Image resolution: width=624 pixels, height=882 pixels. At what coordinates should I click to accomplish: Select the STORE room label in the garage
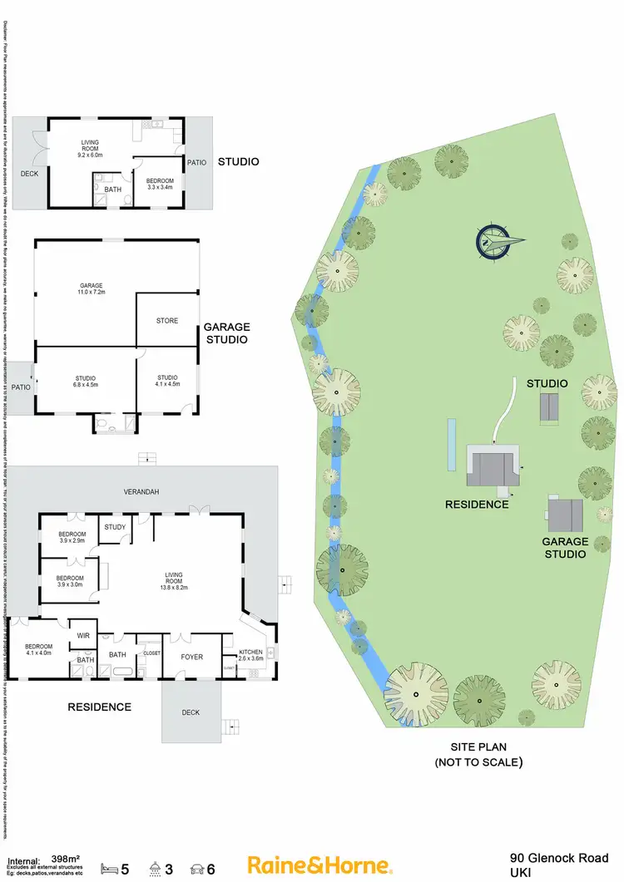tap(167, 320)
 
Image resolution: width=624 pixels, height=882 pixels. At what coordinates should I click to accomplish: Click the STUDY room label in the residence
tap(113, 528)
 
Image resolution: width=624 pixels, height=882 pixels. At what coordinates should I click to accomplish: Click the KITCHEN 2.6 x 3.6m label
tap(251, 655)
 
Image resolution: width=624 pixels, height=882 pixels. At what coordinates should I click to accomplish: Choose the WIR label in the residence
tap(82, 635)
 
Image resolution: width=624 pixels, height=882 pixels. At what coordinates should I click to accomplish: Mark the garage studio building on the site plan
tap(565, 515)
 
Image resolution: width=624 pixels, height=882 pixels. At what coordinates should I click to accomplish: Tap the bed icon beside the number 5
tap(109, 870)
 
